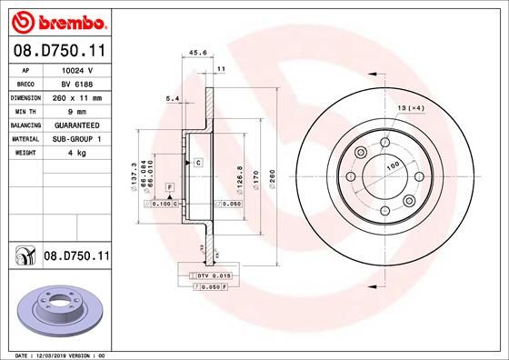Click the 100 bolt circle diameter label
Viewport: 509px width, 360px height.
coord(394,166)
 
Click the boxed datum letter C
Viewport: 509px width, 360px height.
coord(197,162)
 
